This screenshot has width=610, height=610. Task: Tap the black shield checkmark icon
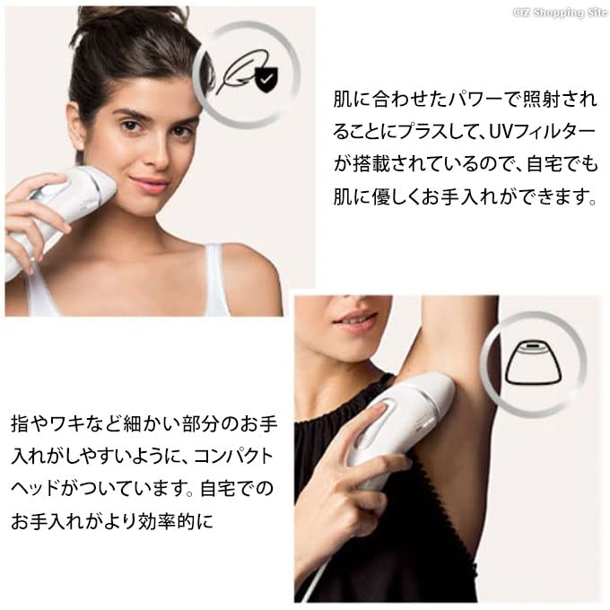264,83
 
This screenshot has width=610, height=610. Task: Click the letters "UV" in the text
498,131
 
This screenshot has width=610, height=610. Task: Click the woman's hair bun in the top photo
112,18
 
